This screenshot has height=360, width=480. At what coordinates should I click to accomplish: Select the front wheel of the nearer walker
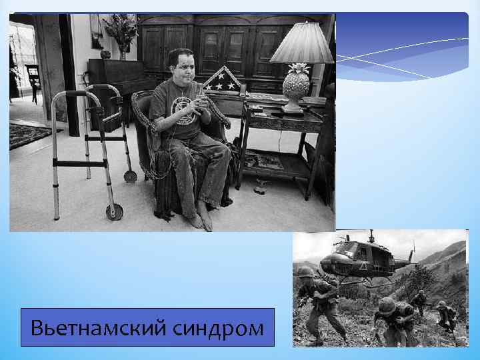point(114,212)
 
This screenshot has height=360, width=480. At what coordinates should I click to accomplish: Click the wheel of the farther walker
point(131,176)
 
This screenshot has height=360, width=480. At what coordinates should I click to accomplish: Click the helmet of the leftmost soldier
point(305,271)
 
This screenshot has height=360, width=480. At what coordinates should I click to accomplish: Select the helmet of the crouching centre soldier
point(385,305)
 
